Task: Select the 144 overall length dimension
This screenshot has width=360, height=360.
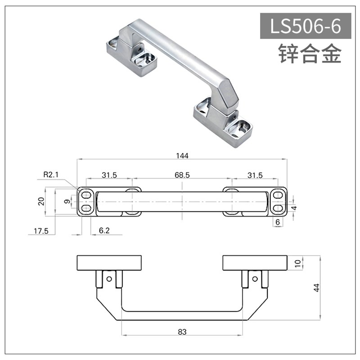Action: (x=182, y=156)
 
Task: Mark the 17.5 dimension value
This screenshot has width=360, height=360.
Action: (x=40, y=231)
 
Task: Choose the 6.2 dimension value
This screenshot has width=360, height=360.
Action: (x=104, y=231)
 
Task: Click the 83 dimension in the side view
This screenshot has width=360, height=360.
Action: (x=182, y=332)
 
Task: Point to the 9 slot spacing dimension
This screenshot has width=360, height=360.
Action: (x=67, y=202)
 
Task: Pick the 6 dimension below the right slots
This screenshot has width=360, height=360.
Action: (x=278, y=222)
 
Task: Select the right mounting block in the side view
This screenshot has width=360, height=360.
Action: (x=255, y=263)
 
